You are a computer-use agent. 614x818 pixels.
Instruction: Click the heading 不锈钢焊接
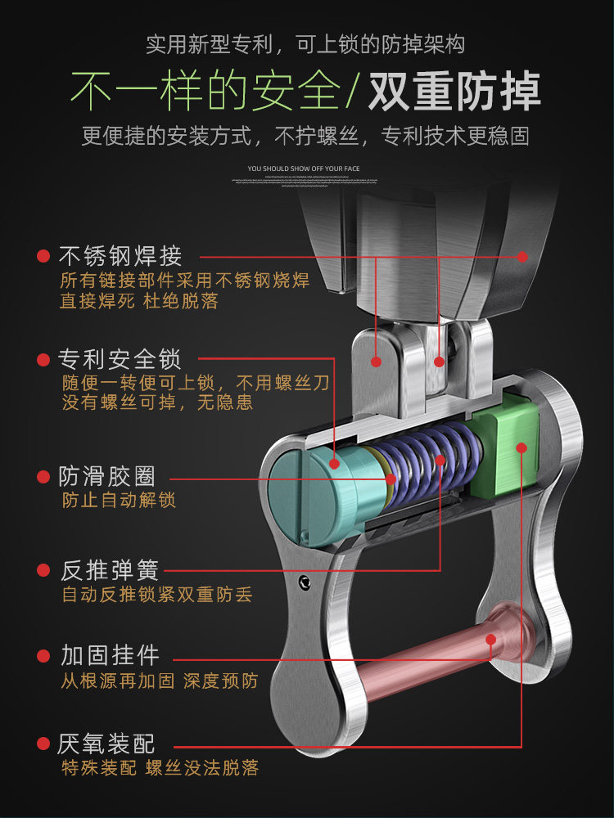(120, 256)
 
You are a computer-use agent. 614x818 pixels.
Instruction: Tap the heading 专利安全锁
(120, 359)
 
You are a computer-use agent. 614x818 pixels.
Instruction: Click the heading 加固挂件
(109, 655)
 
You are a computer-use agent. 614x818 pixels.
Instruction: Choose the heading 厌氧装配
(106, 744)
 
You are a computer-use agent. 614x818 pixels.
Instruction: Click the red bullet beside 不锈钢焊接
(43, 257)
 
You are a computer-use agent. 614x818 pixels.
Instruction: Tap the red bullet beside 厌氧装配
(43, 744)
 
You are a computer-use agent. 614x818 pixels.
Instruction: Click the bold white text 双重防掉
(454, 91)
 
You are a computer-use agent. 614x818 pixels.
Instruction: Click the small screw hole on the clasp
(305, 582)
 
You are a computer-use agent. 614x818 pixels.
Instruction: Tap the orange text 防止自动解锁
(119, 500)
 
